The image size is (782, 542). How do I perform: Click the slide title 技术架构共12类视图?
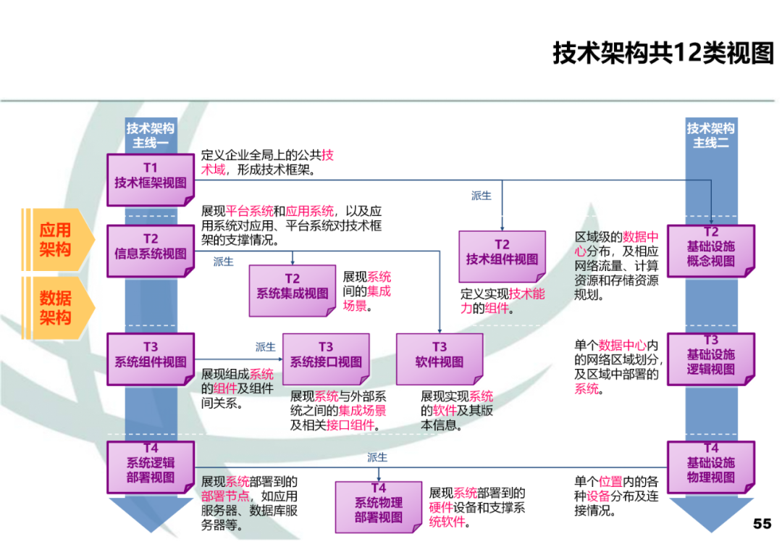663,53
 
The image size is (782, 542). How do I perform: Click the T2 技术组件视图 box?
502,253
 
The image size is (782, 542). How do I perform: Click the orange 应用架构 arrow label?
56,239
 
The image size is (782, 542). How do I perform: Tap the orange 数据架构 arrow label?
56,307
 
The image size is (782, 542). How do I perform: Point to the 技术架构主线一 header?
151,135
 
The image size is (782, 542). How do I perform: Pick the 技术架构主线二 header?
710,135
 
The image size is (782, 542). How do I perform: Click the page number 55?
762,523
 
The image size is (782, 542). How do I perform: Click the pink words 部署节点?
225,496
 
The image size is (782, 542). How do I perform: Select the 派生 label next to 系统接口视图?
266,347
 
